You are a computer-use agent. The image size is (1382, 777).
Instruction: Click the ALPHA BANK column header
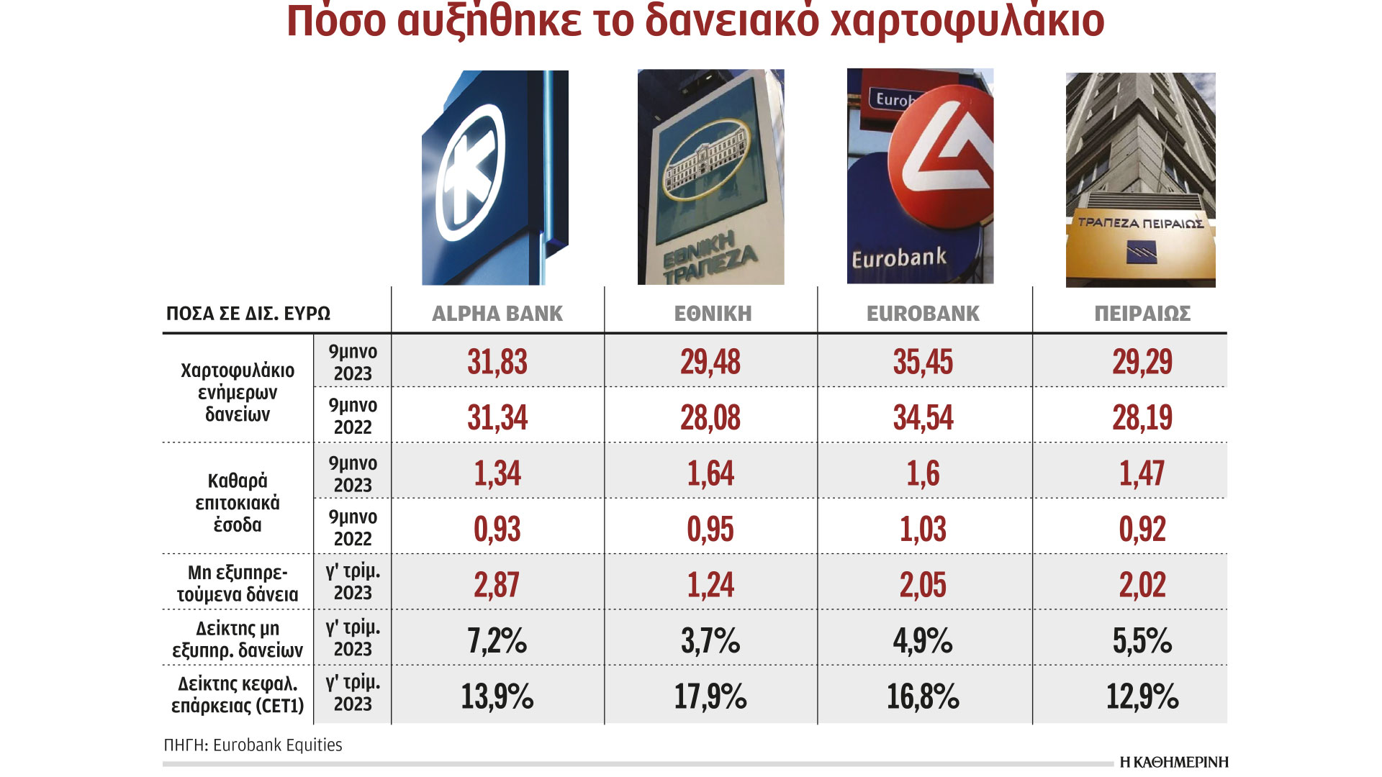coord(497,314)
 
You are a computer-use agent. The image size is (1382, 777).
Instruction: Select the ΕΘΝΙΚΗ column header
coord(713,314)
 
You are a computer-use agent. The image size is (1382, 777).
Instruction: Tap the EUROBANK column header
coord(923,314)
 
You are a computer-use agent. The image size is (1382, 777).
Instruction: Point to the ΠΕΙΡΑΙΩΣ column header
coord(1142,314)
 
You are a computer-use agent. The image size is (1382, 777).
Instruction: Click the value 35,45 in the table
coord(923,361)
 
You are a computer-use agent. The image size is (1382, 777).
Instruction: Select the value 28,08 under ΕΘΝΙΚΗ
coord(710,417)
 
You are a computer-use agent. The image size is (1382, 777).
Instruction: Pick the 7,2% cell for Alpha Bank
coord(497,640)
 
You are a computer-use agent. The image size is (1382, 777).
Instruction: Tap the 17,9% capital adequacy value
coord(710,696)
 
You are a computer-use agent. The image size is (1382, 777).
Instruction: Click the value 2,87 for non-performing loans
coord(497,584)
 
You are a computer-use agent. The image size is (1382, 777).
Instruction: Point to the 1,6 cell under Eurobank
coord(923,473)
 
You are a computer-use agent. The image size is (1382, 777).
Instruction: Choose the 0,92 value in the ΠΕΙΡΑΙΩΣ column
coord(1142,530)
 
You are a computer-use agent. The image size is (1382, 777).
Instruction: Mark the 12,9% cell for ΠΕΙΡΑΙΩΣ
coord(1142,696)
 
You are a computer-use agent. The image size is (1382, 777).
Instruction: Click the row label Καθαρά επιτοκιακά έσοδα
coord(238,502)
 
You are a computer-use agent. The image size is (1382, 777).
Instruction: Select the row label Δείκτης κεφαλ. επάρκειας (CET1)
coord(238,694)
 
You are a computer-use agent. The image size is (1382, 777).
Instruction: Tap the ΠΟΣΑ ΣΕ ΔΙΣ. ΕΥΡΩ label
coord(248,314)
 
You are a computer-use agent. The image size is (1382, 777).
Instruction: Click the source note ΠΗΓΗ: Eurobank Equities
coord(253,745)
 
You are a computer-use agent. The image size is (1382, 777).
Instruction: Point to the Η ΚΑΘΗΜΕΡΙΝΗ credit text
coord(1173,762)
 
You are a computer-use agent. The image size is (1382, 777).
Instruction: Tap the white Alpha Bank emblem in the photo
coord(470,173)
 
